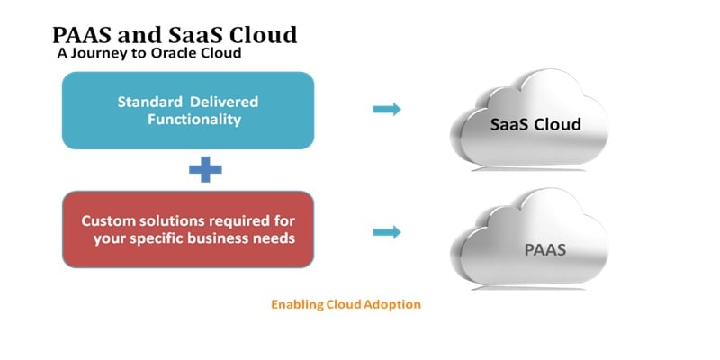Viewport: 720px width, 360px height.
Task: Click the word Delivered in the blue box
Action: click(224, 102)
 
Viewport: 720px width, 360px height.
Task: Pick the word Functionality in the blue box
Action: click(194, 120)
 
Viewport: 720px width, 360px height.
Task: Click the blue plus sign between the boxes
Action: click(205, 169)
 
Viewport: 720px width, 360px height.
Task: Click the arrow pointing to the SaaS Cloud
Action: click(387, 109)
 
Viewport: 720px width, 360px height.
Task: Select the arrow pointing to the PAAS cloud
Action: click(387, 232)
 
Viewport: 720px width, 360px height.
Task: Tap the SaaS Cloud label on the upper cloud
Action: click(535, 124)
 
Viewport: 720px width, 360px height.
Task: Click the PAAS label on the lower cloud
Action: click(545, 250)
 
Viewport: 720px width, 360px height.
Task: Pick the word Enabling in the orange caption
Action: click(297, 304)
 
